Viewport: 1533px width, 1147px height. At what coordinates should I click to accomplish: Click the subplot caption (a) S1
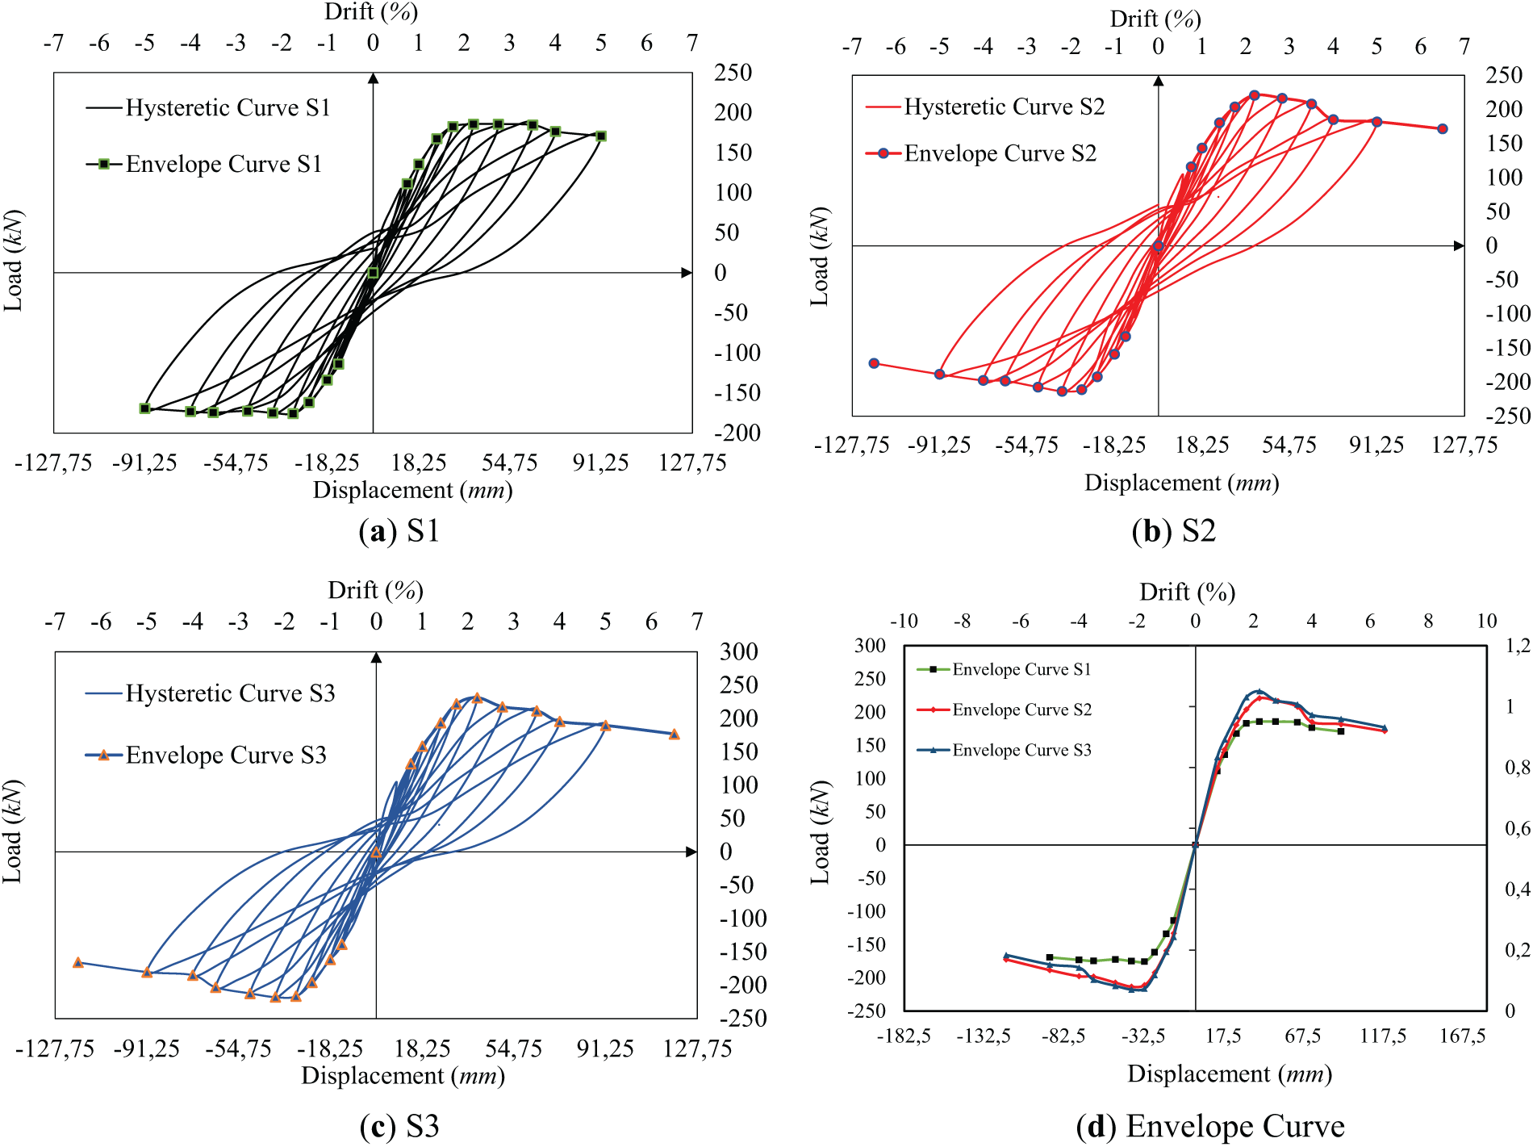tap(399, 531)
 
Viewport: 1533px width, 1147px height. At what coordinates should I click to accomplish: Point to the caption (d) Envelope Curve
tap(1210, 1126)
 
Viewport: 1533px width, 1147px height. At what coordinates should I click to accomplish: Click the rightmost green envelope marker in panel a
tap(601, 136)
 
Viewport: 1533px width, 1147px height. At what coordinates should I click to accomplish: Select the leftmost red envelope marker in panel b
tap(874, 363)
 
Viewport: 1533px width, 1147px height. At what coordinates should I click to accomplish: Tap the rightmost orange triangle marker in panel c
tap(675, 735)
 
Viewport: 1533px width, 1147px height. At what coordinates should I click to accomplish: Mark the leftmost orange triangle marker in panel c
tap(78, 963)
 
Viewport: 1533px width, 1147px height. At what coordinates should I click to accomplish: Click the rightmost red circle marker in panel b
tap(1443, 128)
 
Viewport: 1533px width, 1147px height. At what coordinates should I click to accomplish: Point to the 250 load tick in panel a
tap(733, 73)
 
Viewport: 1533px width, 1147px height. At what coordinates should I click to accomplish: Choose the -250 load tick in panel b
tap(1507, 416)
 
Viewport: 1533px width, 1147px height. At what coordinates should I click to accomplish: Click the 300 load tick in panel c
tap(738, 651)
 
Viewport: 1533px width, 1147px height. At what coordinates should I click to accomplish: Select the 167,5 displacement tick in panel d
tap(1462, 1036)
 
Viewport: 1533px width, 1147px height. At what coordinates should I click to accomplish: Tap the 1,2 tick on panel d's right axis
tap(1517, 646)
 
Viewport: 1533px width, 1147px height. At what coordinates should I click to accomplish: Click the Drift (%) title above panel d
tap(1187, 592)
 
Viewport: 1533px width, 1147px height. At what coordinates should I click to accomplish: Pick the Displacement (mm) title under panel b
tap(1181, 483)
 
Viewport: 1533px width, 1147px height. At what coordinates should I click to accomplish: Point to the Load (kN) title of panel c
tap(13, 831)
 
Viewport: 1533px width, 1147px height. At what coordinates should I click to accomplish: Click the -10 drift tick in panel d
tap(904, 621)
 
